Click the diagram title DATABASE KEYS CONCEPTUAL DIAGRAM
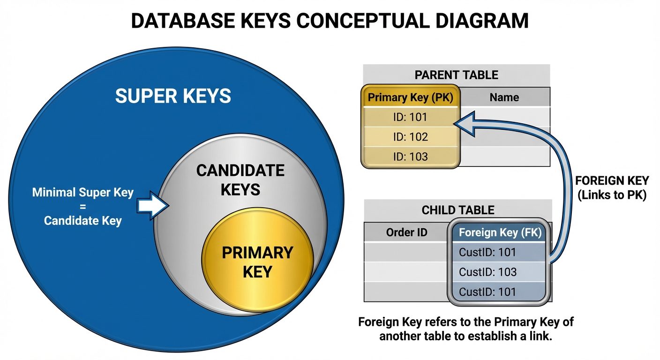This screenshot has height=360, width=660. pos(330,22)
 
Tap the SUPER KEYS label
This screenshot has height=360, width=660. pos(173,96)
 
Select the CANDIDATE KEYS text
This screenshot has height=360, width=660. pos(240,180)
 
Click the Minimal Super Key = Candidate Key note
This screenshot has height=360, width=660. pos(83,207)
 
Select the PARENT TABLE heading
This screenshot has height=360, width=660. pos(456,75)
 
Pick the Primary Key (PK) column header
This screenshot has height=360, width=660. pos(411,97)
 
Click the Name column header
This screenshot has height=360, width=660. pos(504,97)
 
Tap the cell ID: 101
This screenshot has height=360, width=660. pos(410,117)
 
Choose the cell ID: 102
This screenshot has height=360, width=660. pos(410,137)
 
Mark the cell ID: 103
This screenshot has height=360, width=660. pos(410,157)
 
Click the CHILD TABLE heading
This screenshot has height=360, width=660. pos(457,210)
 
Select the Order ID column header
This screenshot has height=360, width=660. pos(406,232)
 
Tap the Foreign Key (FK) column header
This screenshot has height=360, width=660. pos(500,232)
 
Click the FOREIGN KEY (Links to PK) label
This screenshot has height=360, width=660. pos(611,188)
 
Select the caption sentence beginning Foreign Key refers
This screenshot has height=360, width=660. pos(466,329)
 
